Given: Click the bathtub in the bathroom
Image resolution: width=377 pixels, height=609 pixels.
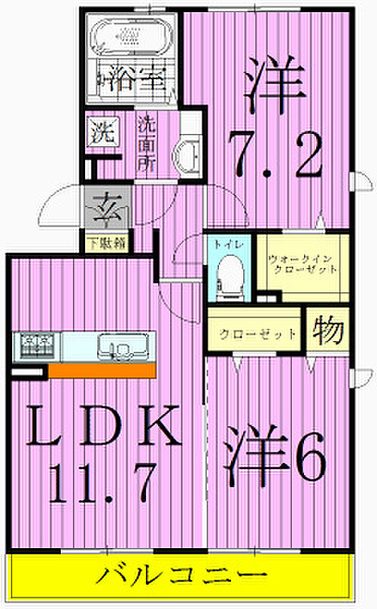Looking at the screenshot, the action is click(x=131, y=36).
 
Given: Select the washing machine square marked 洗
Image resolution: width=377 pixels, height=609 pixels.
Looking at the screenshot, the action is click(x=103, y=131).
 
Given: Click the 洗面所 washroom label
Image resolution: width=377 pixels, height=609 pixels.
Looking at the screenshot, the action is click(x=147, y=144).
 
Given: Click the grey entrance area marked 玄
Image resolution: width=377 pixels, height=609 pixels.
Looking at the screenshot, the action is click(x=107, y=210).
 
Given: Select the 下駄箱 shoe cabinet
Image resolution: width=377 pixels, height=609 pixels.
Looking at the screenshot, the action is click(x=107, y=244).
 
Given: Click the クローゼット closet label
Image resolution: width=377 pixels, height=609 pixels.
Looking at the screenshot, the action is click(x=258, y=333).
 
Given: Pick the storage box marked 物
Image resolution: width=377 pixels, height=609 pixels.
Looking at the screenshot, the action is click(x=328, y=330).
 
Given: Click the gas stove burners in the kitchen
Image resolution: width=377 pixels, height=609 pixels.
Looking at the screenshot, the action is click(x=36, y=346).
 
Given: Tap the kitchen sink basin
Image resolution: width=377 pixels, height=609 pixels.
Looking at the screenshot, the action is click(x=122, y=346).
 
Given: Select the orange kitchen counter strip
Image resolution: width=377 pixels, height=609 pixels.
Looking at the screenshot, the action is click(x=102, y=370).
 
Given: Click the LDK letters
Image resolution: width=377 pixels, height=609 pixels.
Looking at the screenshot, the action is click(x=104, y=425).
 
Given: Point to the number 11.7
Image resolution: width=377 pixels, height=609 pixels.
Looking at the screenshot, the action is click(x=103, y=483).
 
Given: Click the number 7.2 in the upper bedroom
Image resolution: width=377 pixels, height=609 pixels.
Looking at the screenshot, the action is click(x=275, y=155).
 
